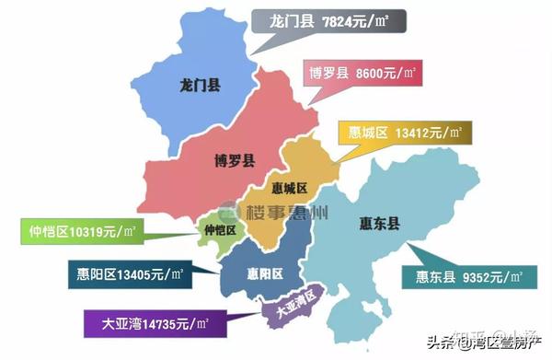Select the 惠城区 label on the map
tap(289, 189)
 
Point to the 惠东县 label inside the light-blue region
tap(379, 222)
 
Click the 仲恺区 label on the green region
tap(219, 229)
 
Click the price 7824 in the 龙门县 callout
tap(340, 20)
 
